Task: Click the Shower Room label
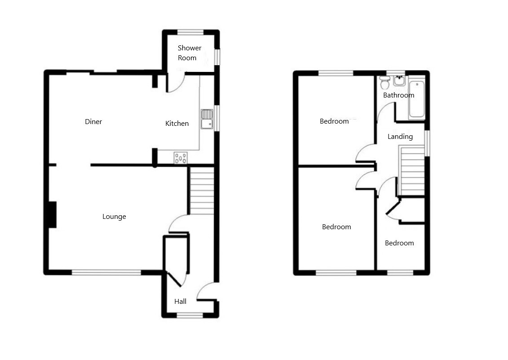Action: [189, 53]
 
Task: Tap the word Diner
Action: [93, 122]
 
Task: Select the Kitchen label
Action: [177, 123]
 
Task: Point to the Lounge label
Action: [114, 217]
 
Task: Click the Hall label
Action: [180, 301]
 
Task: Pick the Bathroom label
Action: [398, 95]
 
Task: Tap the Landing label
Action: [400, 137]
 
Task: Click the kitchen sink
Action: [207, 119]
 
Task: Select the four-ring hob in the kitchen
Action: [181, 158]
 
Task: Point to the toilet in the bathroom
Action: [384, 82]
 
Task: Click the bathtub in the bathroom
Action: [417, 98]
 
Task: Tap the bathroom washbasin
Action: [399, 81]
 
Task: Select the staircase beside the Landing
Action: [412, 171]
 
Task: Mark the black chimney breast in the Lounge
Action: [52, 215]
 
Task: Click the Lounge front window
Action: [106, 273]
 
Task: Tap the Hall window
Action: [190, 315]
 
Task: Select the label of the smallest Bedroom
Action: [399, 243]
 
